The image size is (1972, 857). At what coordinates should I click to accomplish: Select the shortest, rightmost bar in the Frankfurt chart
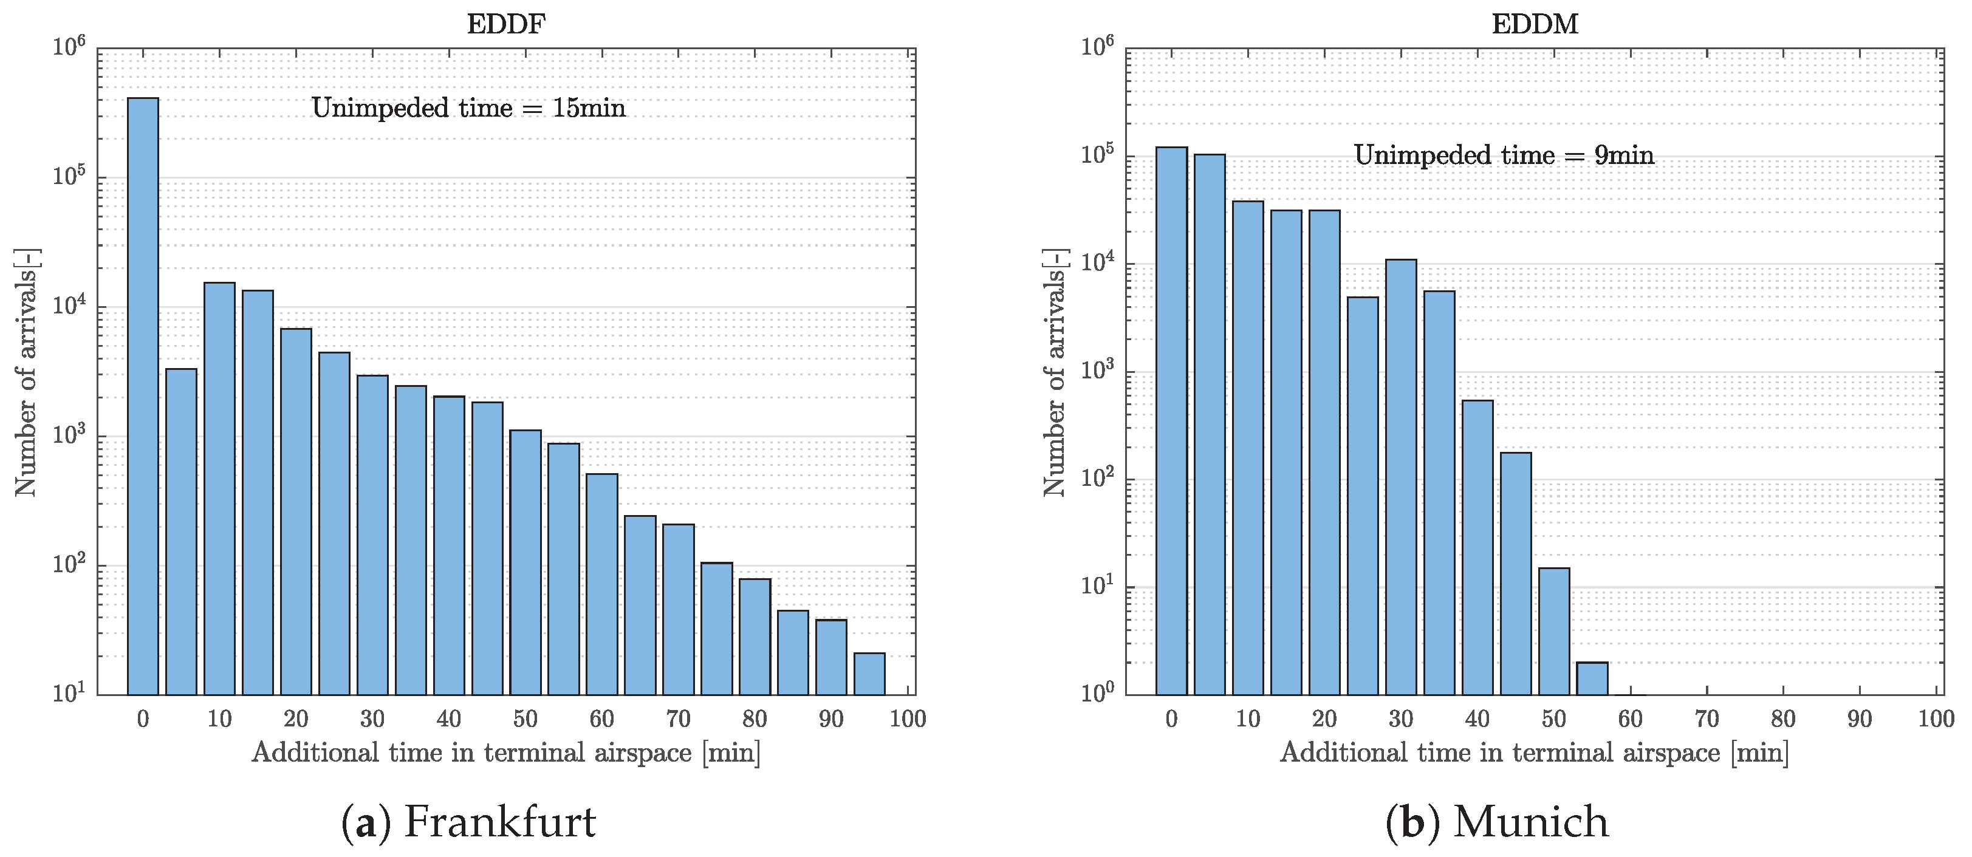click(x=869, y=674)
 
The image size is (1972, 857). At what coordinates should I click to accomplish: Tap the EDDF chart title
click(x=506, y=24)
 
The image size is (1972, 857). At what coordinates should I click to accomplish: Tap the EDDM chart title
click(x=1535, y=24)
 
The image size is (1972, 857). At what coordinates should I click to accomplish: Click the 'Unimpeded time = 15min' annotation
click(x=468, y=108)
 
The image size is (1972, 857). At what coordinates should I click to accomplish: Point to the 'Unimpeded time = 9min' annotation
click(x=1504, y=155)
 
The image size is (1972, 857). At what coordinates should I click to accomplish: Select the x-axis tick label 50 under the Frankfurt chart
click(x=525, y=719)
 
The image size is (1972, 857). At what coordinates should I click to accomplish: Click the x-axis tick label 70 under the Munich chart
click(x=1707, y=719)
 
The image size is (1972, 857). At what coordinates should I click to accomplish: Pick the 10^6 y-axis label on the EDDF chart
click(x=69, y=47)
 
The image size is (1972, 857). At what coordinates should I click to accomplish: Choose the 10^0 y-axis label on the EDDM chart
click(x=1097, y=692)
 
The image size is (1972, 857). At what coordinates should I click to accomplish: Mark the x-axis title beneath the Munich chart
click(x=1534, y=753)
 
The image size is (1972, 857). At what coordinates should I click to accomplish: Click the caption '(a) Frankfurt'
click(x=468, y=822)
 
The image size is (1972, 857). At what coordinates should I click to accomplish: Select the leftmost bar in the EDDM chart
click(x=1171, y=421)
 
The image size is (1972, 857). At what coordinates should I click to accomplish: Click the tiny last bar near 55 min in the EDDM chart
click(x=1592, y=678)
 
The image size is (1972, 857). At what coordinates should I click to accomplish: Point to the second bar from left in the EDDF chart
click(x=182, y=532)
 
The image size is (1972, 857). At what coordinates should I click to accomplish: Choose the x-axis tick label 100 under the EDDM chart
click(x=1936, y=719)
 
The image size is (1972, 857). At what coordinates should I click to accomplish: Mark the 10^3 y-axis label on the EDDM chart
click(x=1097, y=371)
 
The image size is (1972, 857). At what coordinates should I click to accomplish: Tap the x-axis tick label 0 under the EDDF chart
click(x=143, y=719)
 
